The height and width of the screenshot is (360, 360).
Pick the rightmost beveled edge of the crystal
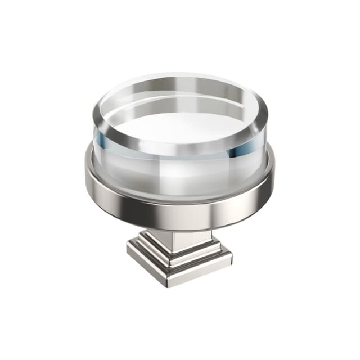265,115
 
